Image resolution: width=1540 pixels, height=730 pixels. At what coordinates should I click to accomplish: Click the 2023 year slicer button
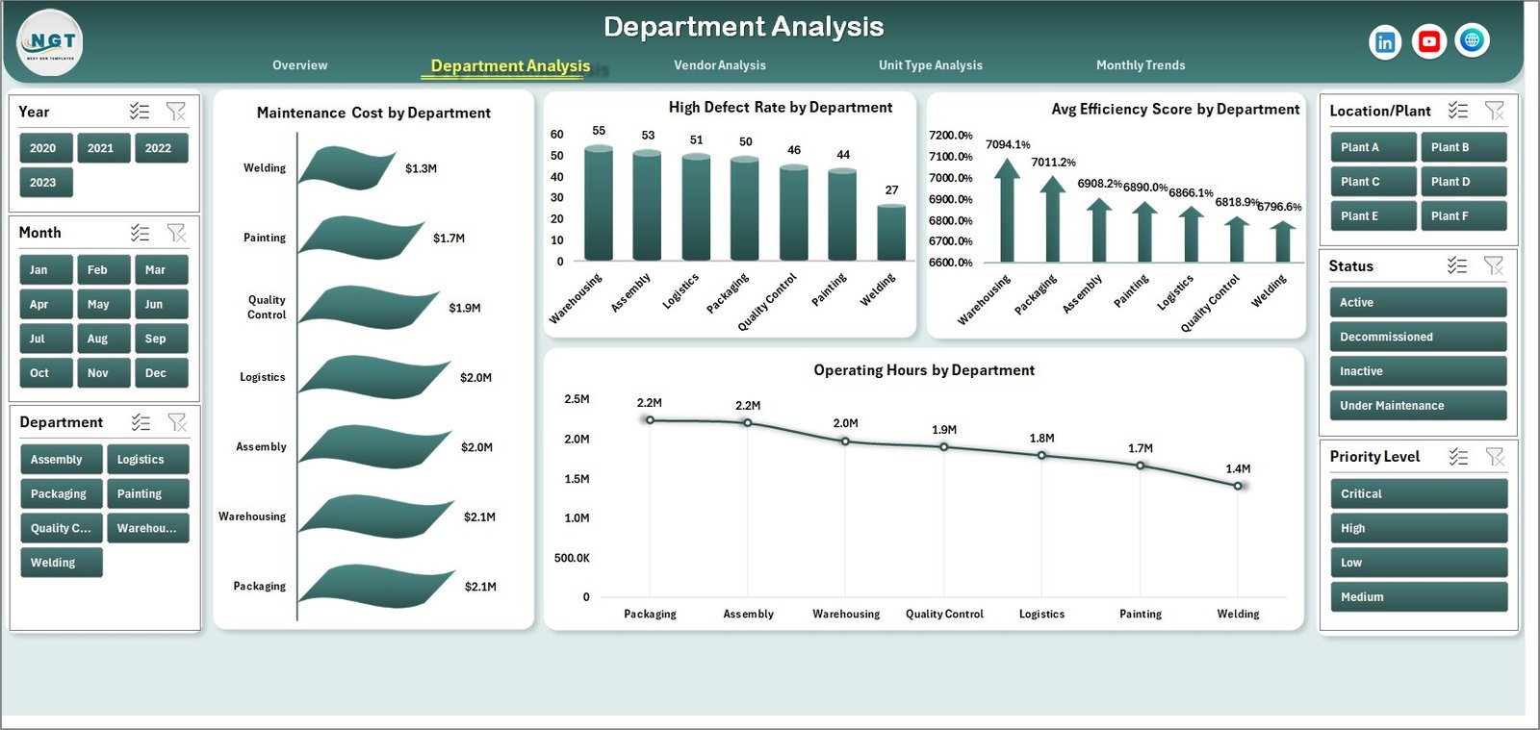pyautogui.click(x=45, y=183)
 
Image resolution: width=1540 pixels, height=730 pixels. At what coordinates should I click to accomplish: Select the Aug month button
pyautogui.click(x=103, y=339)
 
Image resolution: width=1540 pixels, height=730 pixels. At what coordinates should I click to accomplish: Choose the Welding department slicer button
pyautogui.click(x=60, y=563)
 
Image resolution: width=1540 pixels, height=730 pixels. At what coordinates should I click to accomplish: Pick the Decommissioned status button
pyautogui.click(x=1417, y=337)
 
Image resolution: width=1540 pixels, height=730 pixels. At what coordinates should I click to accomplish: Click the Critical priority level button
pyautogui.click(x=1417, y=494)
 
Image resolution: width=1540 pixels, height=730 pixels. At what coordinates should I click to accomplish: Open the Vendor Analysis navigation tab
pyautogui.click(x=719, y=65)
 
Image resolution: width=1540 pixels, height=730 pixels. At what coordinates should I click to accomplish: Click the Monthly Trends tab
pyautogui.click(x=1140, y=65)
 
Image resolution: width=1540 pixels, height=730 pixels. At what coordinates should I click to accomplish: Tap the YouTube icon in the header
pyautogui.click(x=1428, y=41)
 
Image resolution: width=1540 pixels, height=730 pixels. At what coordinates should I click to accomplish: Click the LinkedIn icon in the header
pyautogui.click(x=1384, y=42)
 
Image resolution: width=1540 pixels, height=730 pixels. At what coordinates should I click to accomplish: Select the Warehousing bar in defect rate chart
pyautogui.click(x=599, y=204)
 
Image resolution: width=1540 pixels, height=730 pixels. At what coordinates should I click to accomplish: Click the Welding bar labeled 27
pyautogui.click(x=891, y=233)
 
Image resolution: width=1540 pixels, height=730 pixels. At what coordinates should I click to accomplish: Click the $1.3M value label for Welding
pyautogui.click(x=421, y=168)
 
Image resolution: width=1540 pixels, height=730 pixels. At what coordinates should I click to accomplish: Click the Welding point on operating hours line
pyautogui.click(x=1238, y=486)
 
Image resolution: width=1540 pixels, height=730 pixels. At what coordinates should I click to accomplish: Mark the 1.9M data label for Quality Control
pyautogui.click(x=944, y=430)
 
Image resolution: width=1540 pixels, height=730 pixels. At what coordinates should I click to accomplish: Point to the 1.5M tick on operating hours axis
pyautogui.click(x=577, y=479)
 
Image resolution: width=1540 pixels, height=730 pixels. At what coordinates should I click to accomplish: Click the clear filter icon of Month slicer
pyautogui.click(x=176, y=233)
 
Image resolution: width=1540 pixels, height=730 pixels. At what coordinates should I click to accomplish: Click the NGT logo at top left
pyautogui.click(x=51, y=42)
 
